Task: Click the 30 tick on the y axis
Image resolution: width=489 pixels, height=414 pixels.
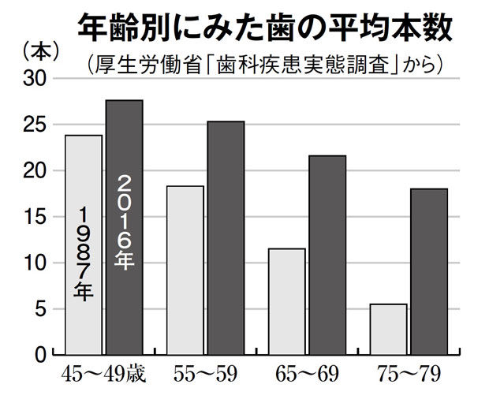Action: coord(37,78)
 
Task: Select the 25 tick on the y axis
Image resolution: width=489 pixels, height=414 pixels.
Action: coord(37,125)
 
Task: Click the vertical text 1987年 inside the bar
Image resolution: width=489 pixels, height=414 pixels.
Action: coord(84,252)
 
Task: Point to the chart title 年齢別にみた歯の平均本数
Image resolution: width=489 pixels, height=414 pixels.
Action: coord(264,28)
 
